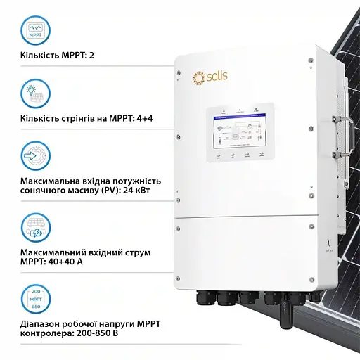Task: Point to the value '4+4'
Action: coord(143,117)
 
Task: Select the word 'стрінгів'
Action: coord(72,117)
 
